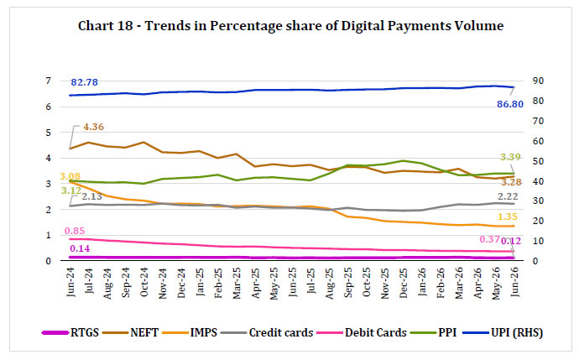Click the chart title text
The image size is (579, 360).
click(x=290, y=26)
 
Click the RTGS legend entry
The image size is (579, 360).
click(x=70, y=332)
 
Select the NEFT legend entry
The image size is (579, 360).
click(x=130, y=332)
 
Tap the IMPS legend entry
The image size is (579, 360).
click(x=190, y=332)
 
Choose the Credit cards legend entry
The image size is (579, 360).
click(x=267, y=332)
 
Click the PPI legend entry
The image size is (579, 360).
click(x=433, y=332)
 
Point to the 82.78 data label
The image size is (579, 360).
click(x=84, y=82)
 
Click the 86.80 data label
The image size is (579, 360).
click(x=510, y=105)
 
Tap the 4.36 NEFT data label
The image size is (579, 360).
click(x=93, y=127)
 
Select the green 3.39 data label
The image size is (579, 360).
click(x=510, y=157)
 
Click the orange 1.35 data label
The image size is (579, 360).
click(x=507, y=217)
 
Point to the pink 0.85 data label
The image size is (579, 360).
click(x=75, y=231)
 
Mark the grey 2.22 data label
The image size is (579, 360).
click(x=508, y=196)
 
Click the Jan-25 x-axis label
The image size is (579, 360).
click(x=200, y=282)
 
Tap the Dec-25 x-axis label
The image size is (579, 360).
click(x=404, y=283)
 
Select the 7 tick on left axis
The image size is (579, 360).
click(x=49, y=81)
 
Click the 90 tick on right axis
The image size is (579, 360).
click(x=538, y=81)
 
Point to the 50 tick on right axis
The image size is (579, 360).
click(x=538, y=161)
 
